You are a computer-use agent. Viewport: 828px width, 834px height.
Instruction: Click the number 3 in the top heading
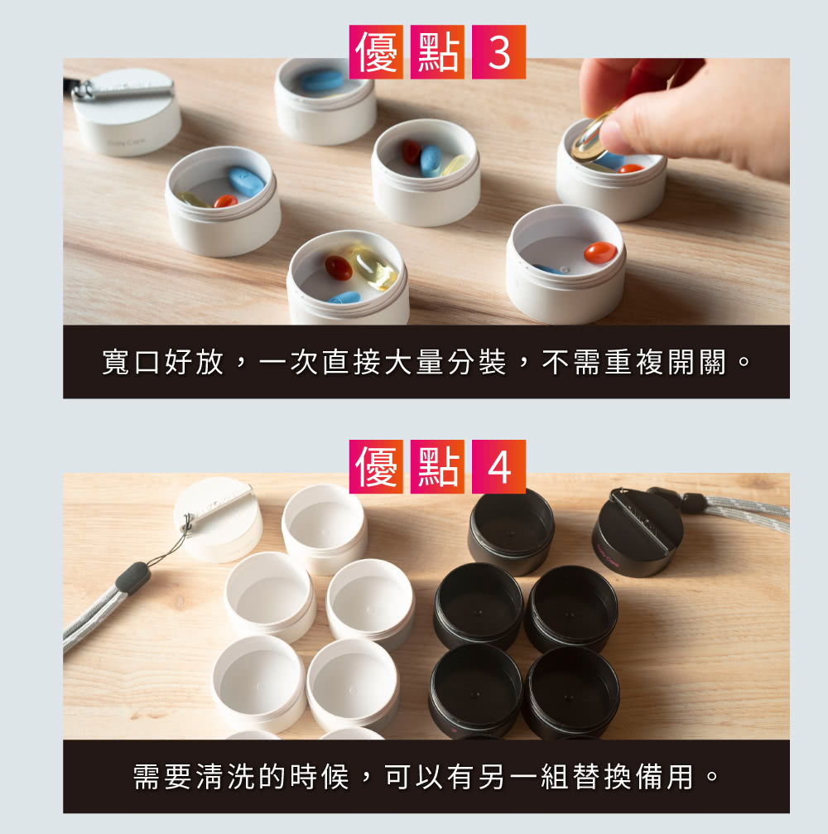coord(498,52)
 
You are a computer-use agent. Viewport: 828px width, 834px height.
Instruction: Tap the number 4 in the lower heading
coord(498,466)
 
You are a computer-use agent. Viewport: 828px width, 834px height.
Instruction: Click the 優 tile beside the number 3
coord(376,52)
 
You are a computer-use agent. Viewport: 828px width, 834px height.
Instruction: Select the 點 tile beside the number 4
coord(437,466)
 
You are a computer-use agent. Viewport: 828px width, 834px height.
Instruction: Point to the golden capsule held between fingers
coord(590,138)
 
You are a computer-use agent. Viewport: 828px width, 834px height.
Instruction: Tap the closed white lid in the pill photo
coord(127,113)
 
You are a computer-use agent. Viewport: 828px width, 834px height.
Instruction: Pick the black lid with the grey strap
coord(638,533)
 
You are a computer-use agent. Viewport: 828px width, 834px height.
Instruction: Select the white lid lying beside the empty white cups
coord(218,518)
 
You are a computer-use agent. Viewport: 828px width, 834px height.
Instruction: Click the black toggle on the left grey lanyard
coord(133,577)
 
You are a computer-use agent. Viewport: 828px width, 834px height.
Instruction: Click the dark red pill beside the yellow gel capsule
coord(339,268)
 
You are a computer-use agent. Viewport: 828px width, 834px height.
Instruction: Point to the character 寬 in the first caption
coord(116,362)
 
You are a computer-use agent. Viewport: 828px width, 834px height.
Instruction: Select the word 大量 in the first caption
coord(414,362)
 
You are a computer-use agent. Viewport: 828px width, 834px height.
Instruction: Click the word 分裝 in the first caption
coord(476,362)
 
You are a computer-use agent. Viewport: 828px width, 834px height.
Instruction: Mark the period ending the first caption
coord(744,362)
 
